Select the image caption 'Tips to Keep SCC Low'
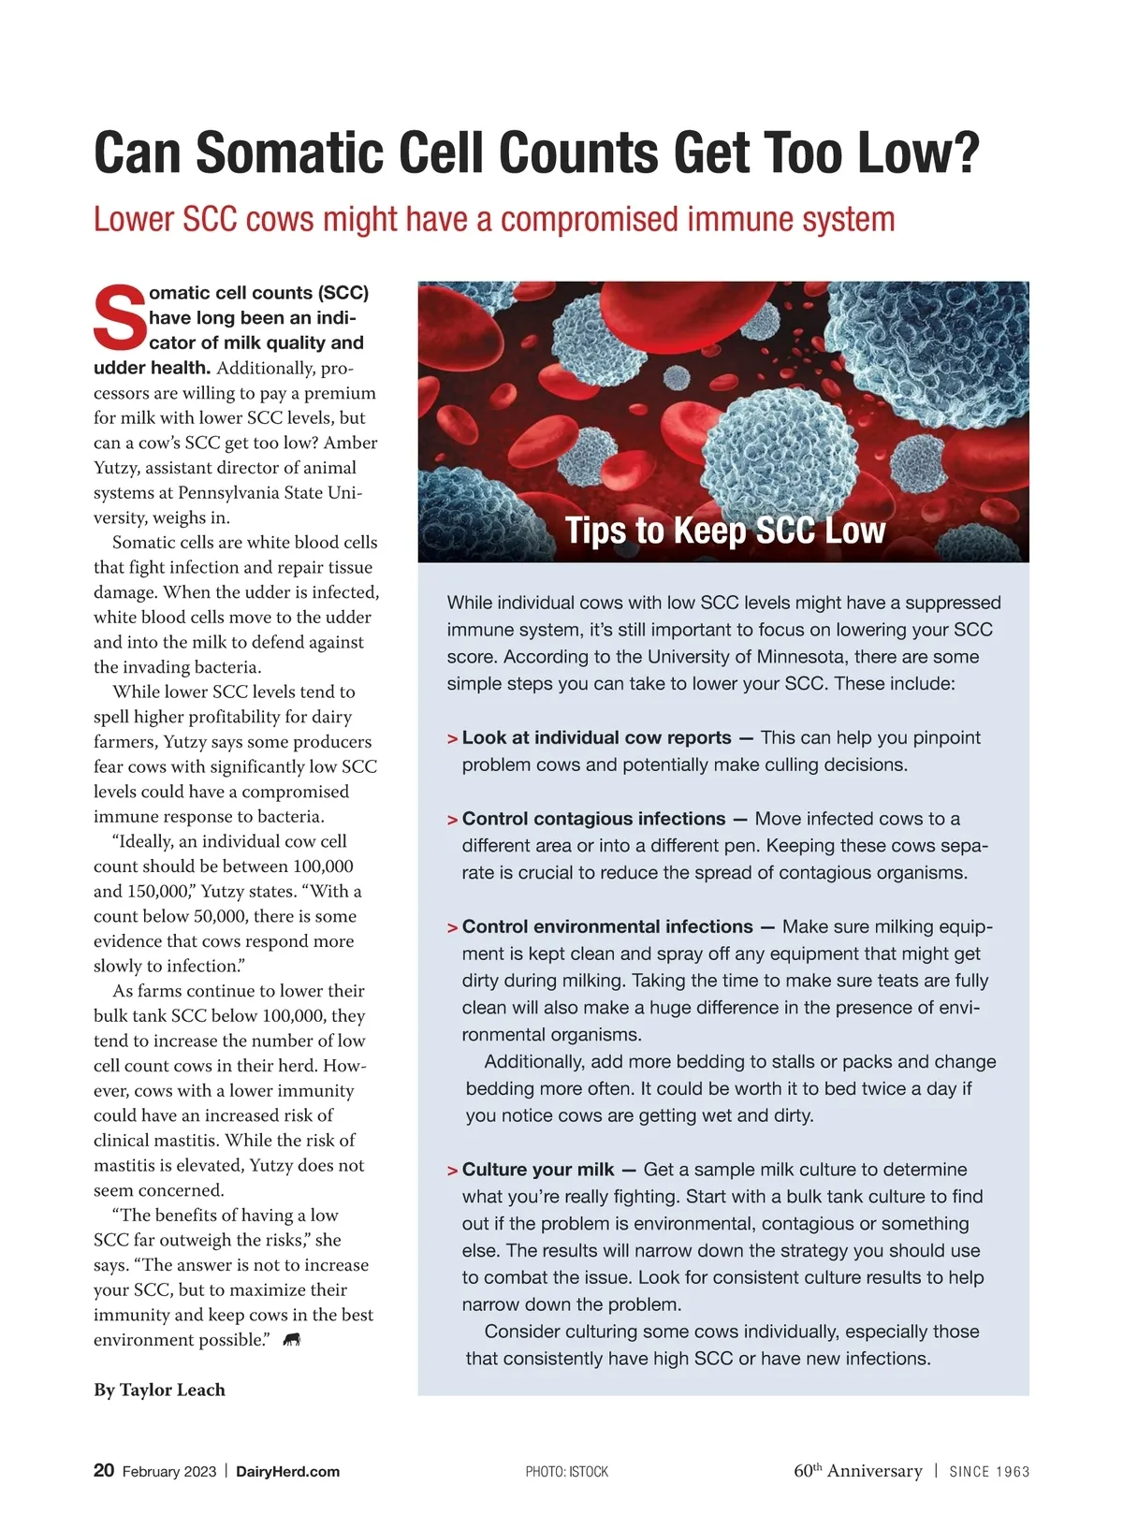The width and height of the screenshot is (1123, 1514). click(724, 531)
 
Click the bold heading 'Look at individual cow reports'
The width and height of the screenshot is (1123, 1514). click(596, 737)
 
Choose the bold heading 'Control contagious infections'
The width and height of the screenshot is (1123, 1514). click(593, 819)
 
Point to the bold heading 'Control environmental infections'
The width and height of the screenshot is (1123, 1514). click(606, 926)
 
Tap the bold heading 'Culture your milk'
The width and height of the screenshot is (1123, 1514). click(537, 1170)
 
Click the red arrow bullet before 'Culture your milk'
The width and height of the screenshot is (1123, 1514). click(453, 1171)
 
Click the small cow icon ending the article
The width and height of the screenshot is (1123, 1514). click(292, 1340)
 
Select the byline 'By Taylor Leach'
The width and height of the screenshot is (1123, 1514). click(159, 1390)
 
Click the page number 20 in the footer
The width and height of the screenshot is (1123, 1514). click(104, 1470)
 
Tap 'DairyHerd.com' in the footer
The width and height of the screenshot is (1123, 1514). click(287, 1471)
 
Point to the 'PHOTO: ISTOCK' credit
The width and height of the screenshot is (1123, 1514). click(566, 1472)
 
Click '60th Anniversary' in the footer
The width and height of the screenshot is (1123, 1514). click(857, 1470)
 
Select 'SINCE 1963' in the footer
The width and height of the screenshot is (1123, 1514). click(989, 1471)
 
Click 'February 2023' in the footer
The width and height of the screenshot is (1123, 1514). click(169, 1471)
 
